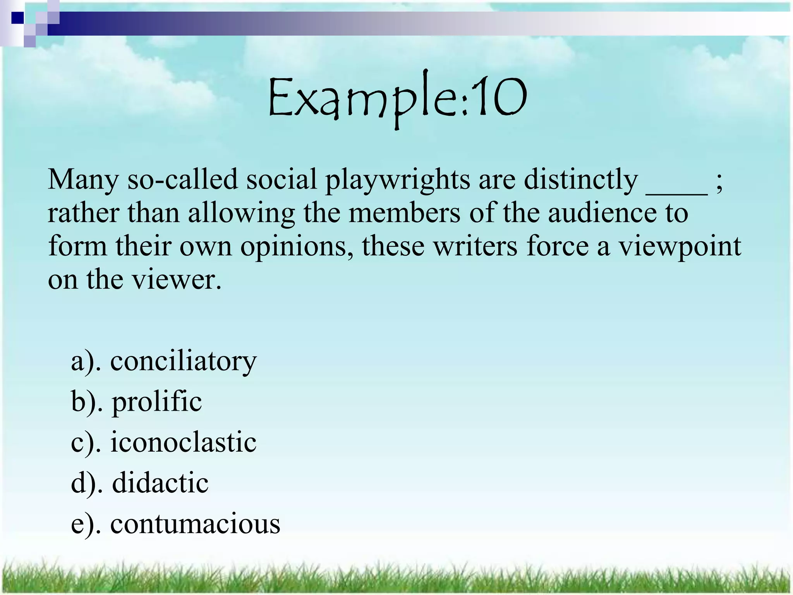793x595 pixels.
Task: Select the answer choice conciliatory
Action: click(183, 361)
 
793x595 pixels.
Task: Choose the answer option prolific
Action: click(157, 402)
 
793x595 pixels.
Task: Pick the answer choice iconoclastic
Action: click(183, 442)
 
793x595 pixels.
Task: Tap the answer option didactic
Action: click(160, 483)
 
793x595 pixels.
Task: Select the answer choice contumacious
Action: click(195, 524)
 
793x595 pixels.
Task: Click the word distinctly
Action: click(580, 180)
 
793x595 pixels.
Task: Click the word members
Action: click(405, 213)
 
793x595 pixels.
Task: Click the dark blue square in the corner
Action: click(17, 18)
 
